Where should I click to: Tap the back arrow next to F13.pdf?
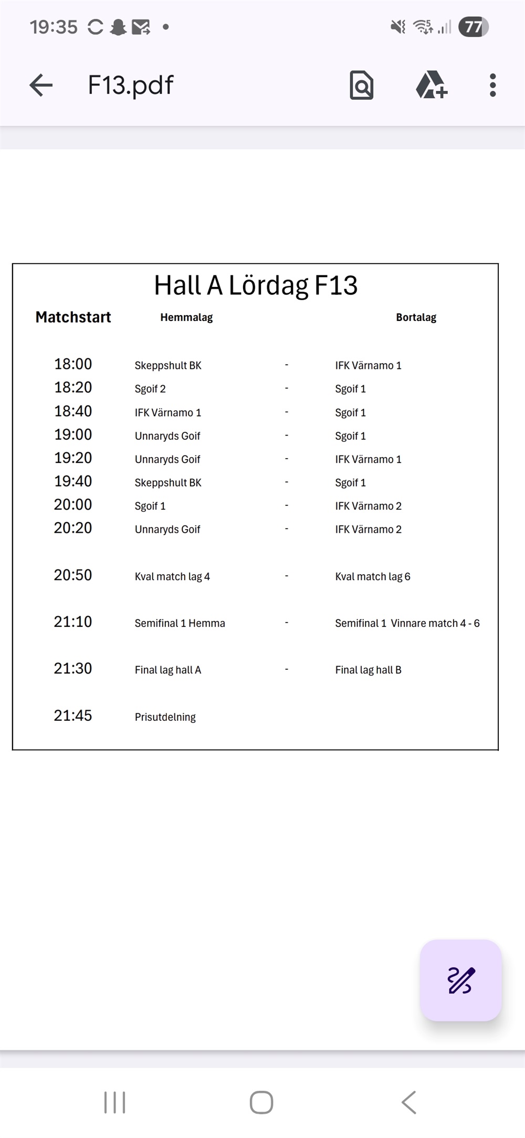[x=41, y=85]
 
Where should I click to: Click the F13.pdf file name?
[x=130, y=85]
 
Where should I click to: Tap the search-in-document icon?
[x=361, y=85]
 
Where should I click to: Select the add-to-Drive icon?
[x=431, y=85]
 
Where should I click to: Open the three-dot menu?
[x=492, y=85]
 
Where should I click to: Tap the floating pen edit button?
[x=461, y=980]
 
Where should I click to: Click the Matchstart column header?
[x=73, y=317]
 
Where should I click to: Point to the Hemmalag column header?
[x=186, y=317]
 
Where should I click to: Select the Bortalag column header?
[x=416, y=317]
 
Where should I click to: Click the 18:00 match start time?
[x=73, y=364]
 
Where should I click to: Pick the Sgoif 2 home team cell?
[x=150, y=389]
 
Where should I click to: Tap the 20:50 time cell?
[x=73, y=575]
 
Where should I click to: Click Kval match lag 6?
[x=373, y=576]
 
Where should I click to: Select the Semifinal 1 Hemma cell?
[x=180, y=623]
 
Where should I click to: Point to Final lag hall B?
[x=368, y=670]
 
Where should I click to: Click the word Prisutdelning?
[x=165, y=717]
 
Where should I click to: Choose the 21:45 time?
[x=73, y=716]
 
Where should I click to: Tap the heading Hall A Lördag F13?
[x=256, y=286]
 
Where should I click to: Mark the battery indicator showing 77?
[x=474, y=27]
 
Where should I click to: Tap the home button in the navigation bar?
[x=261, y=1102]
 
